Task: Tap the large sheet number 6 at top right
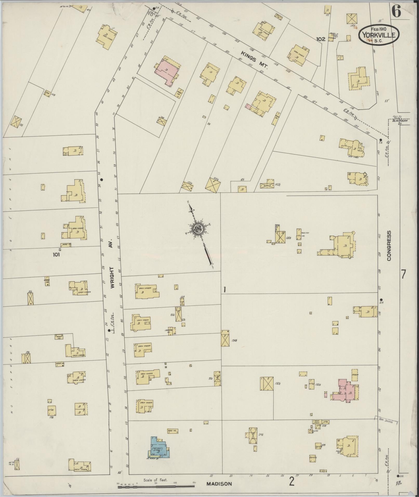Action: coord(396,12)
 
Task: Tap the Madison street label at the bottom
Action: coord(219,484)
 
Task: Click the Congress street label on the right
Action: coord(389,246)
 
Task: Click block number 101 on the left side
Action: coord(56,255)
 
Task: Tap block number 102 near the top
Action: coord(321,39)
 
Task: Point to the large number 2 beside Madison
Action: coord(292,482)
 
